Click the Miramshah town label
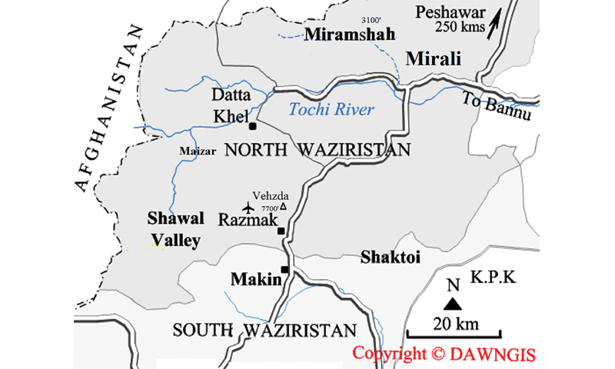350,35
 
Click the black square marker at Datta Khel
252,125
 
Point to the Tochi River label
331,110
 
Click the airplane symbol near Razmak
247,208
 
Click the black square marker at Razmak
281,231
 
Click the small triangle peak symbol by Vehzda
283,206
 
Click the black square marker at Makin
284,269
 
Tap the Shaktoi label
391,258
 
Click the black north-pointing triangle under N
453,304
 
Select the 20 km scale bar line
454,335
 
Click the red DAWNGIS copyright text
444,354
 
